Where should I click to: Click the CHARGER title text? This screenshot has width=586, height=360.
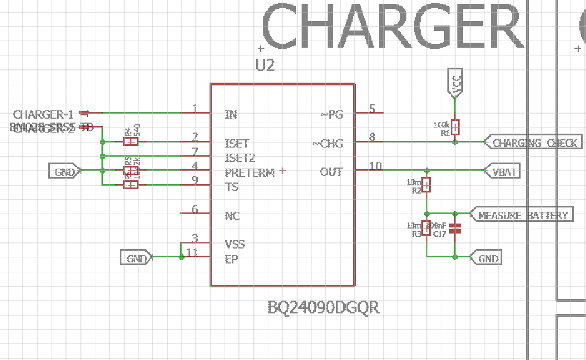391,27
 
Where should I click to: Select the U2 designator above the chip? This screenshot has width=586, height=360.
265,65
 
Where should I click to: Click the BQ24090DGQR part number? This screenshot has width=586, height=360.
324,307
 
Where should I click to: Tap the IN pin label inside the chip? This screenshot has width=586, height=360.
231,115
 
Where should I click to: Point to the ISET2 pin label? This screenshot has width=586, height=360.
240,158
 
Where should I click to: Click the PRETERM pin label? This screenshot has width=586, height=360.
249,173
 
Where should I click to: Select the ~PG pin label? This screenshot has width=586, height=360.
332,115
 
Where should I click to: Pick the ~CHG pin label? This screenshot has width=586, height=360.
328,144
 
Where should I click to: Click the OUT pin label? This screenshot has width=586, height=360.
331,173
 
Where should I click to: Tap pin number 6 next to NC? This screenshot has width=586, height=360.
195,209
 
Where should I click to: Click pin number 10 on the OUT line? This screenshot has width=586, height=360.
375,166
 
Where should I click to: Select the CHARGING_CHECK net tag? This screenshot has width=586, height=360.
534,143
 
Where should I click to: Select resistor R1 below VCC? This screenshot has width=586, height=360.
455,128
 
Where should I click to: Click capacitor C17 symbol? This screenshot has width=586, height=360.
455,228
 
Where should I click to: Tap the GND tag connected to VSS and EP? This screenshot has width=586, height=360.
136,258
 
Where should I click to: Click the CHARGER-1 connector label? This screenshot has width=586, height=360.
43,115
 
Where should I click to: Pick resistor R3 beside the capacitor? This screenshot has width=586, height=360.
426,228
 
